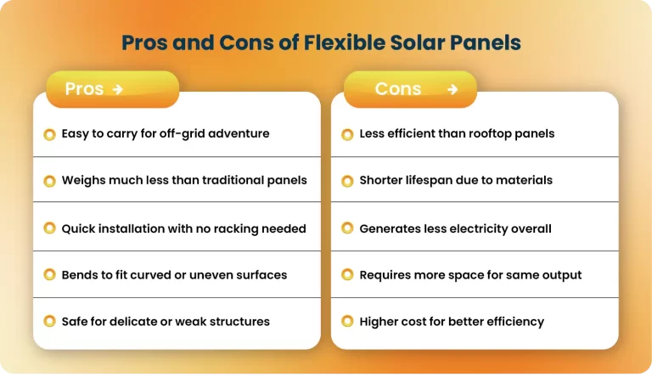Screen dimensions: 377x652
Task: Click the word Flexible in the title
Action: (344, 43)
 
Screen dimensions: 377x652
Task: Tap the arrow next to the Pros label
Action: (117, 89)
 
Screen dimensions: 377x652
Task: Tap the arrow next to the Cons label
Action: (452, 89)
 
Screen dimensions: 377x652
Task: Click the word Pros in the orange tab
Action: (84, 89)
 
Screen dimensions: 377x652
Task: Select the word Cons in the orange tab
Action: (398, 89)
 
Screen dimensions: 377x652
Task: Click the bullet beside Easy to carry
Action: (50, 134)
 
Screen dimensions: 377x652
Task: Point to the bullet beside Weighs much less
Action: (50, 181)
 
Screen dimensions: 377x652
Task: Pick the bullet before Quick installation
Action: (50, 228)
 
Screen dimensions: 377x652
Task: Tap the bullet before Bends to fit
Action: (50, 275)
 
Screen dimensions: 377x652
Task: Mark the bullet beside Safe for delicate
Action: (50, 322)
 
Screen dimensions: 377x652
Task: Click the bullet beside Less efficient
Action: (347, 134)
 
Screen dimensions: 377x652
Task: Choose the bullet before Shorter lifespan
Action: (347, 181)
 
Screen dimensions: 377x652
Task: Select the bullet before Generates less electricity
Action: (347, 228)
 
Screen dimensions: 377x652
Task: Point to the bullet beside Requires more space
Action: (347, 275)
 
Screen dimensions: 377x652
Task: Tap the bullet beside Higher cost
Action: (347, 322)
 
